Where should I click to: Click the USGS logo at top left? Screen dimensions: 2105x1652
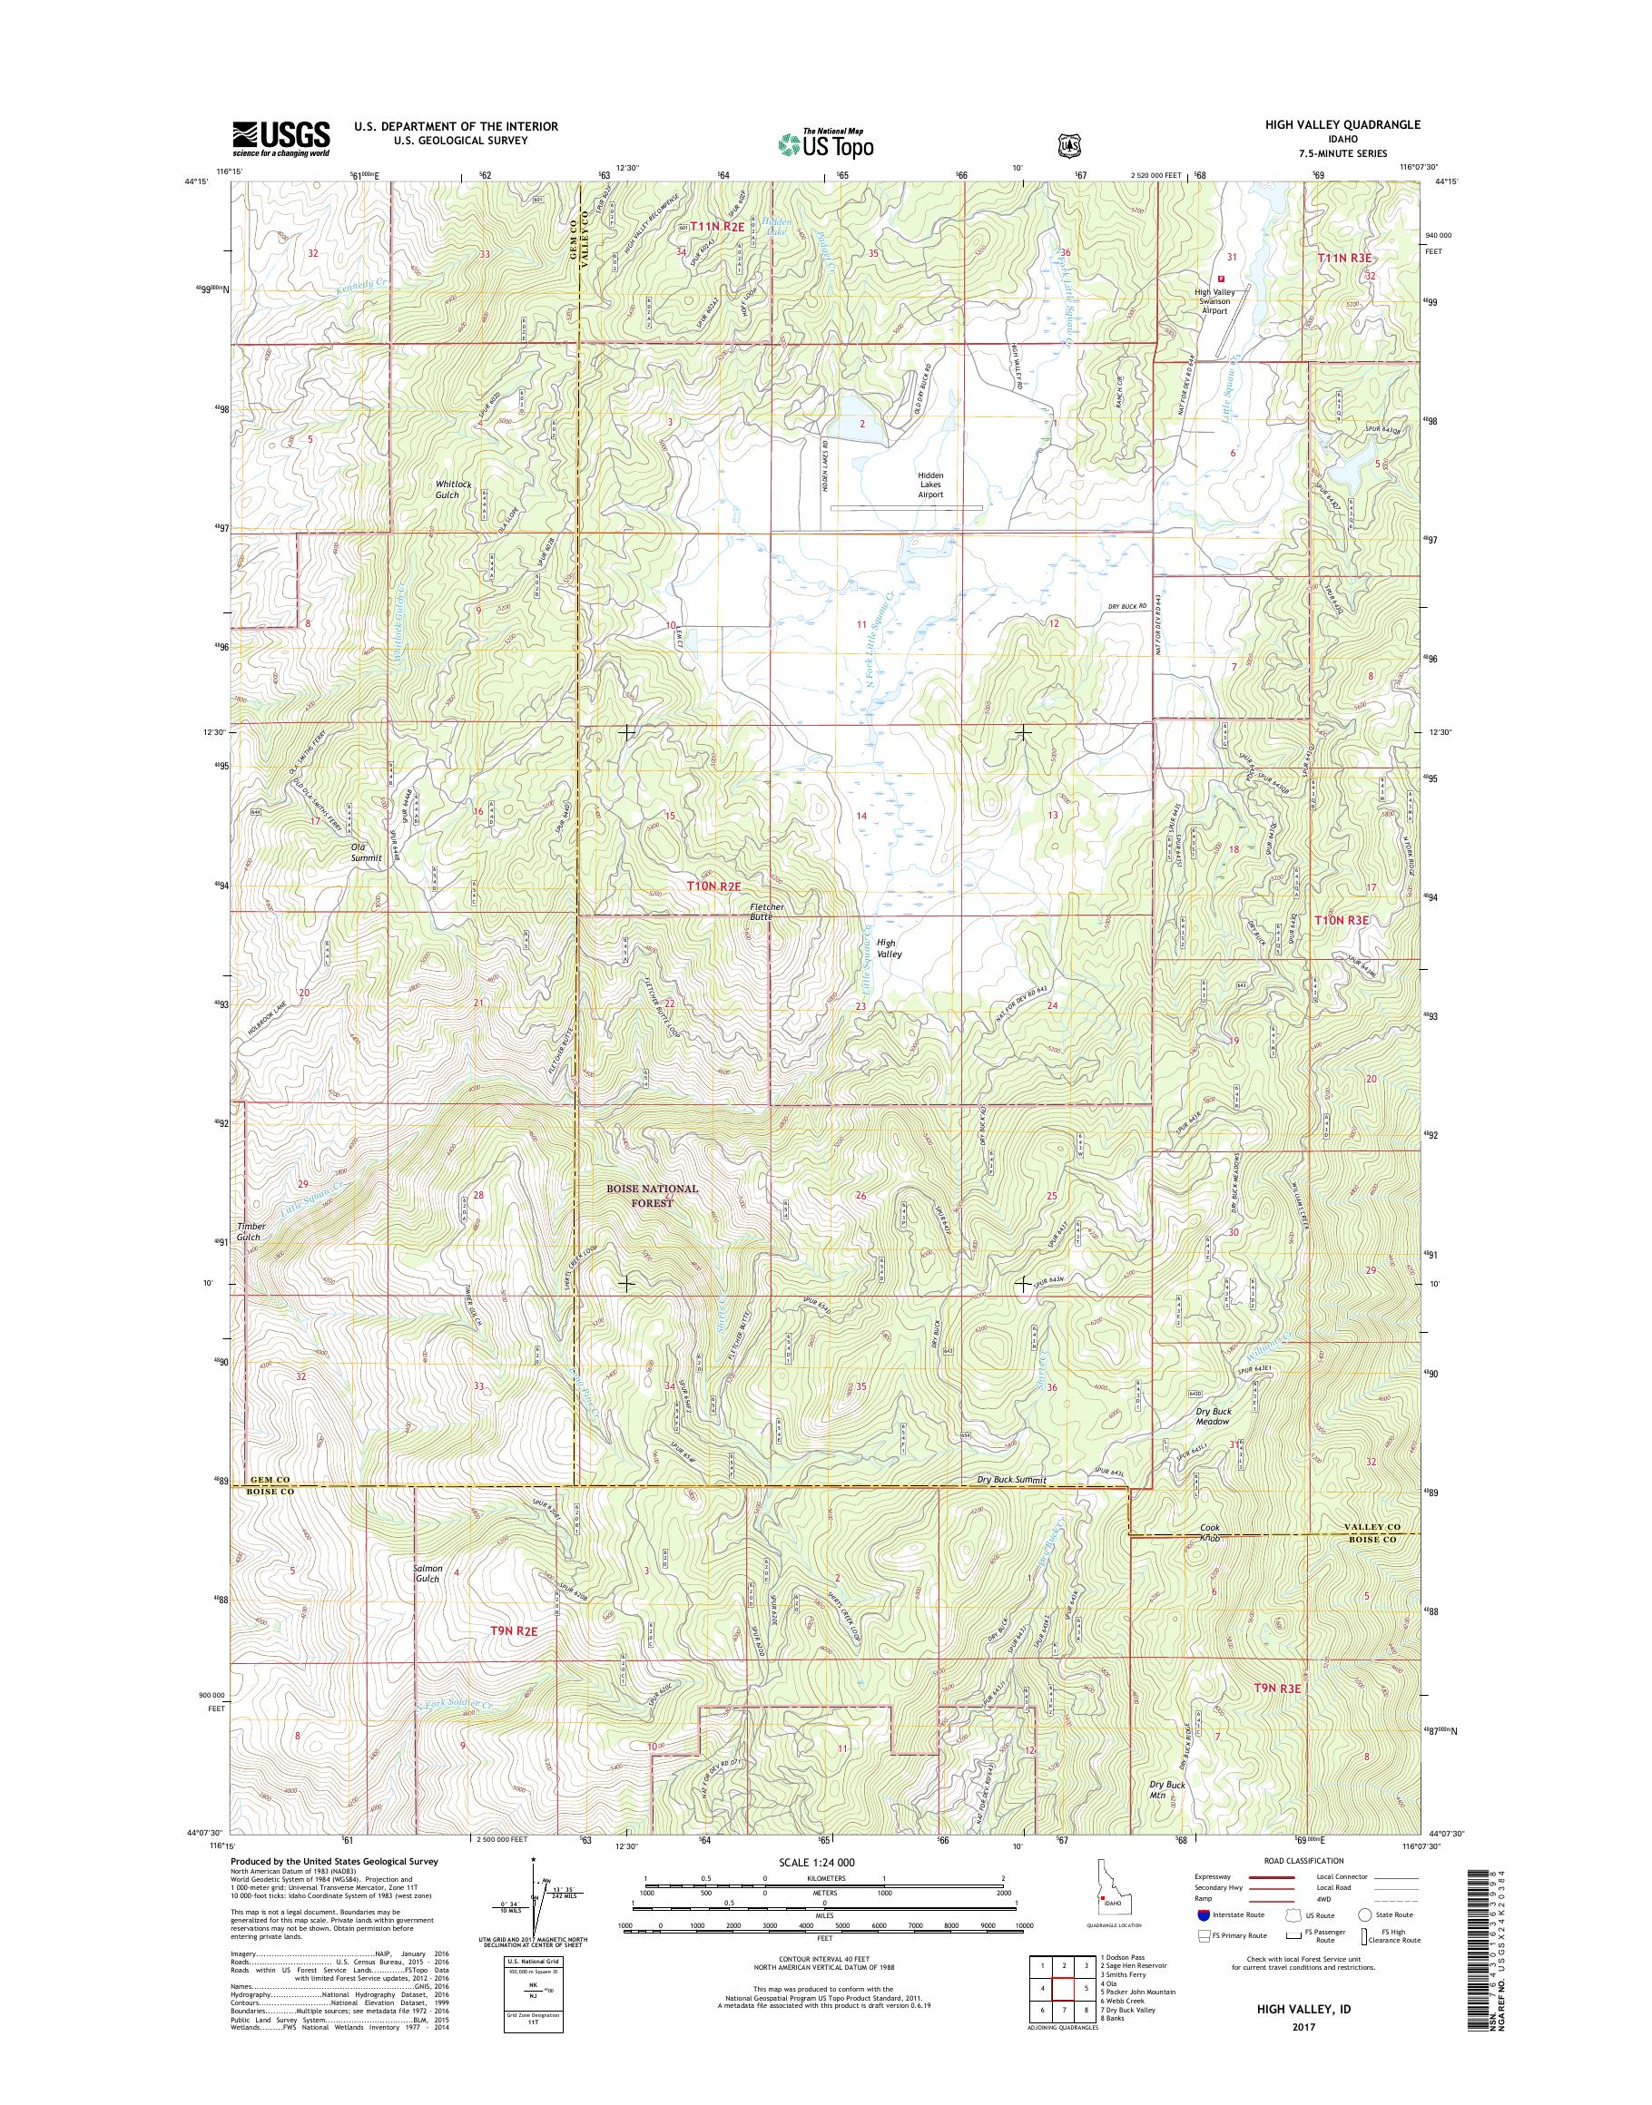(280, 139)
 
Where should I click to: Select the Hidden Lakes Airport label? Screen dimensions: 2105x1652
(930, 485)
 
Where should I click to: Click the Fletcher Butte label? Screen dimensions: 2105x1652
(767, 912)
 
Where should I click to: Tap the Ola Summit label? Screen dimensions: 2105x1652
(366, 851)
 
